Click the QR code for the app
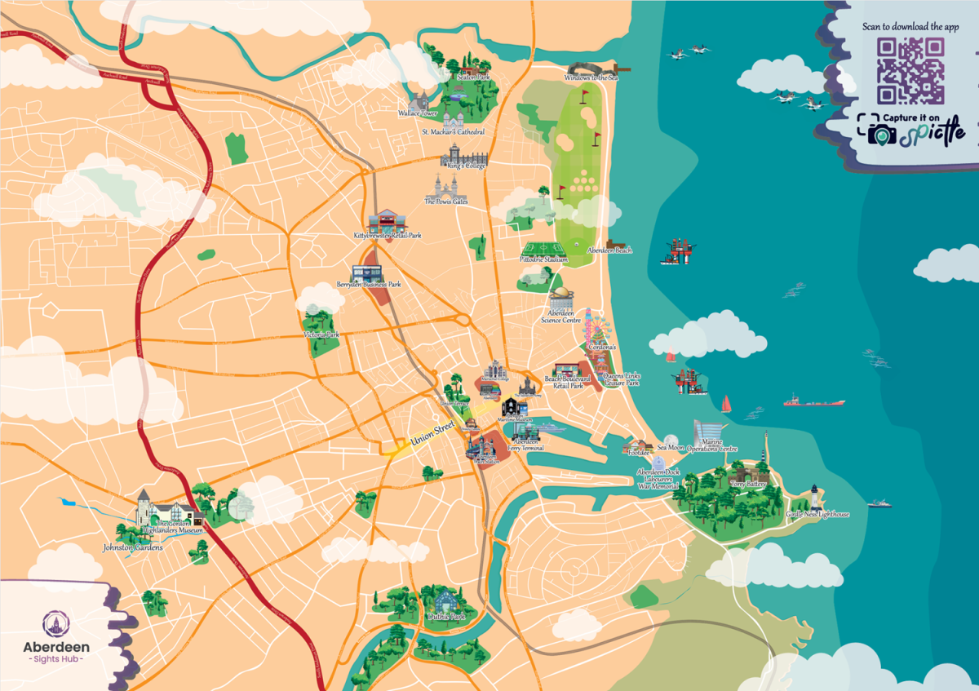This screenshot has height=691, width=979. pos(910,71)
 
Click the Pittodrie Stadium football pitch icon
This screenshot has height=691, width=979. pos(539,249)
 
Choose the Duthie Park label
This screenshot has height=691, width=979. pos(445,617)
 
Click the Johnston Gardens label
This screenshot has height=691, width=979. pos(132,547)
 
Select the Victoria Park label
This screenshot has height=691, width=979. pos(321,335)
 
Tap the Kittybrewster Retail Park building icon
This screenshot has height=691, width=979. pos(387,221)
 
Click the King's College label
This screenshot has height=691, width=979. pos(463,166)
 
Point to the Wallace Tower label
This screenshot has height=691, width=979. pos(418,113)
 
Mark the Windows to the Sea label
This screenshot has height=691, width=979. pos(591,78)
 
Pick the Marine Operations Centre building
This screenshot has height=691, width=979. pos(708,432)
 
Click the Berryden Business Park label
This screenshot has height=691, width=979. pos(369,285)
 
